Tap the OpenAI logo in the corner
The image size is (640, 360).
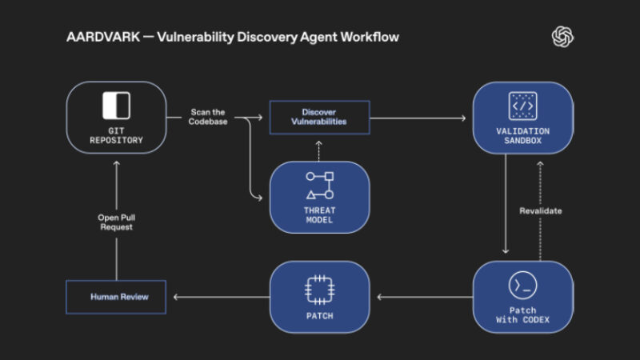tap(563, 37)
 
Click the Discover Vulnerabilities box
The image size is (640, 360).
tap(318, 117)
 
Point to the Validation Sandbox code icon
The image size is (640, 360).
tap(522, 105)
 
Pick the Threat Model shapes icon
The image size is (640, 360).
tap(320, 185)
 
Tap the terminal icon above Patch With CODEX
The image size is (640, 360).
tap(522, 285)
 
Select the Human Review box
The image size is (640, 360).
tap(116, 297)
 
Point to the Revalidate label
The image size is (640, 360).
tap(541, 210)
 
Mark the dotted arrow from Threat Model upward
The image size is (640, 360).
tap(319, 149)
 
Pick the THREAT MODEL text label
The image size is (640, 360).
tap(319, 215)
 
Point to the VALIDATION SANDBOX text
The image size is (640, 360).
tap(522, 135)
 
